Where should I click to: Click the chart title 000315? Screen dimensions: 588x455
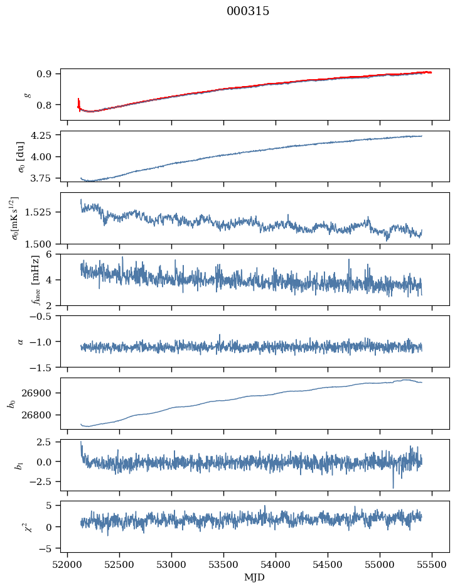coord(248,11)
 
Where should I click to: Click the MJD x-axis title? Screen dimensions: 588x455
coord(254,577)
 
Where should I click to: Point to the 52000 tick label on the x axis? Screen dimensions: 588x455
coord(68,565)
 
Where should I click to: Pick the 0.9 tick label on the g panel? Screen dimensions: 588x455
coord(48,73)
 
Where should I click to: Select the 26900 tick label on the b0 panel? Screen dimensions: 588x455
coord(42,393)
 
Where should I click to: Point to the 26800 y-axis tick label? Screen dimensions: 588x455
coord(42,415)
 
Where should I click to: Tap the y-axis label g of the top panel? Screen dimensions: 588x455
coord(27,94)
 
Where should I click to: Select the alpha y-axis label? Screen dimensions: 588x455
coord(21,341)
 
